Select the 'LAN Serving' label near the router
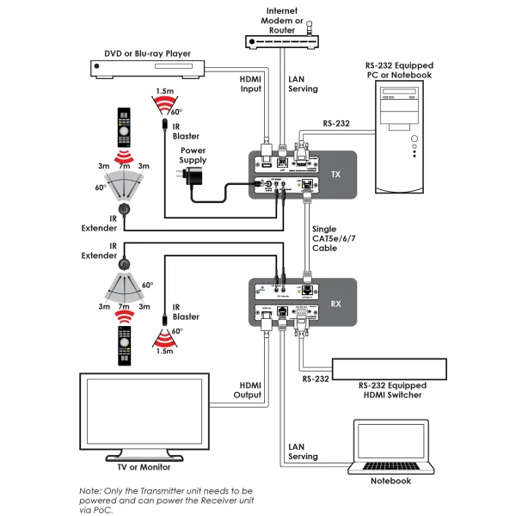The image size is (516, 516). coord(301,84)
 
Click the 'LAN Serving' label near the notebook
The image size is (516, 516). coord(302,451)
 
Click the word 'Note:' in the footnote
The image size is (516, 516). coord(91,490)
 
